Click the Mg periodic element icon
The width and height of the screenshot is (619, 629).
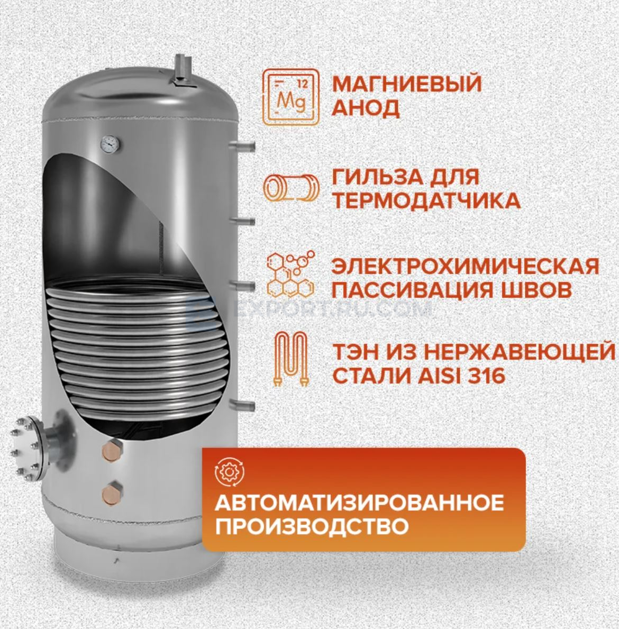pyautogui.click(x=291, y=97)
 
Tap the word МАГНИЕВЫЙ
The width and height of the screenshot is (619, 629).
pyautogui.click(x=407, y=84)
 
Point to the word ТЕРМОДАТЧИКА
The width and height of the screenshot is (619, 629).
pyautogui.click(x=426, y=200)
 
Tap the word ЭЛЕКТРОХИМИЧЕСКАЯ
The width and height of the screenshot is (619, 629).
pyautogui.click(x=466, y=267)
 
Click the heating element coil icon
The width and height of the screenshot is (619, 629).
pyautogui.click(x=291, y=359)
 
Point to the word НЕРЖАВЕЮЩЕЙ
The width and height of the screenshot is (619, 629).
pyautogui.click(x=518, y=352)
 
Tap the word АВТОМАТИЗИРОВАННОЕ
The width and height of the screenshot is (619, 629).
pyautogui.click(x=359, y=503)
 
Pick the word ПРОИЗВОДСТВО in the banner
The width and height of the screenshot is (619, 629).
pyautogui.click(x=312, y=526)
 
